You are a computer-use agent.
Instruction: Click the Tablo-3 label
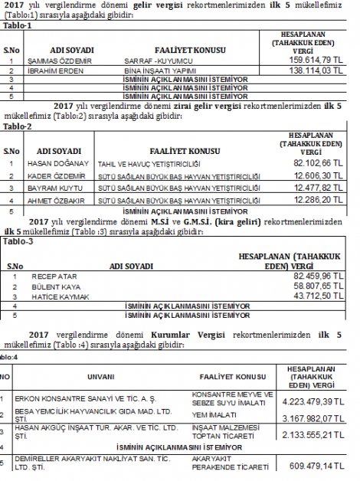18,240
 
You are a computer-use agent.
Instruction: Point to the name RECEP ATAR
51,274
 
